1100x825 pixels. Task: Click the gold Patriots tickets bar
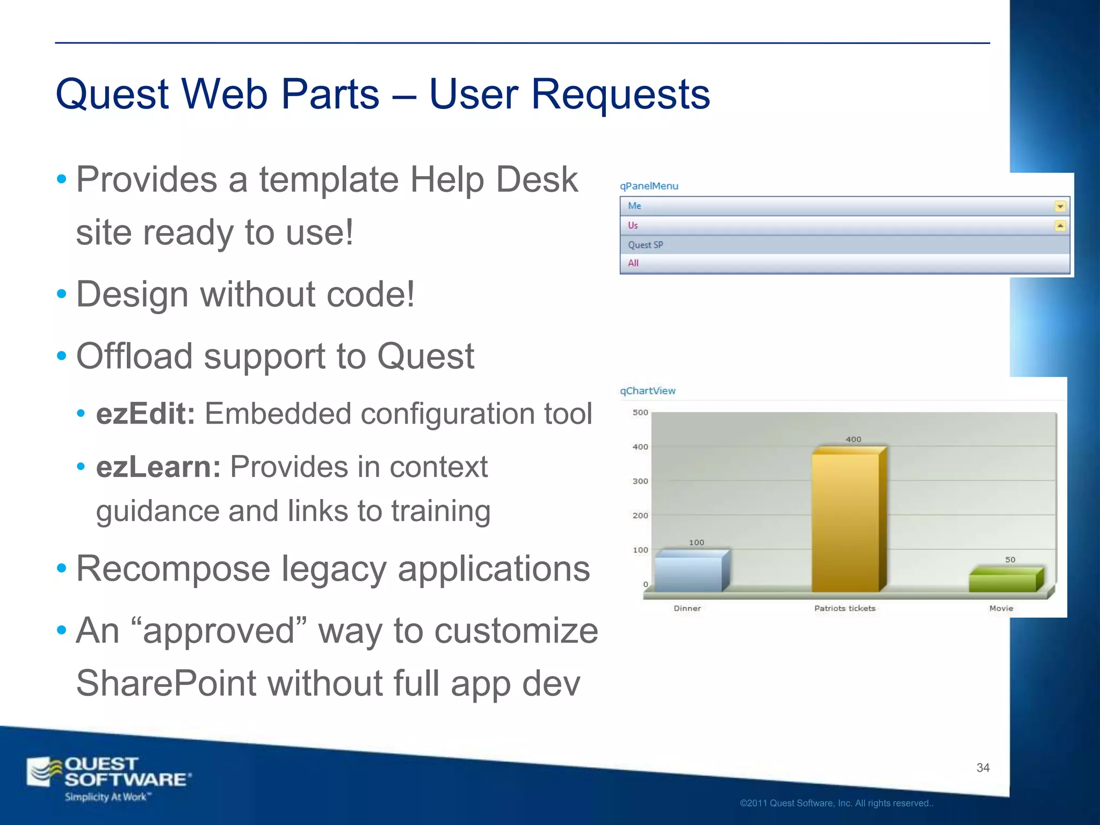pyautogui.click(x=845, y=521)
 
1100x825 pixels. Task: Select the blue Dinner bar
pyautogui.click(x=689, y=574)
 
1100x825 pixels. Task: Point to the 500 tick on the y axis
pyautogui.click(x=640, y=412)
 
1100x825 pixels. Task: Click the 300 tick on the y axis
pyautogui.click(x=640, y=481)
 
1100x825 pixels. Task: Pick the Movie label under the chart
pyautogui.click(x=1001, y=608)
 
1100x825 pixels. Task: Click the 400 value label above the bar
pyautogui.click(x=853, y=439)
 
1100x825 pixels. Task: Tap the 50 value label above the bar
pyautogui.click(x=1010, y=560)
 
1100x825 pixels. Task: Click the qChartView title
pyautogui.click(x=648, y=391)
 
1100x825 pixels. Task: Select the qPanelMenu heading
pyautogui.click(x=649, y=186)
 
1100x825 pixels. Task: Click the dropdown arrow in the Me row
pyautogui.click(x=1060, y=206)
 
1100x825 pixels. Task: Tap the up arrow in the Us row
pyautogui.click(x=1060, y=226)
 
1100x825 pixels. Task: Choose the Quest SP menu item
pyautogui.click(x=646, y=245)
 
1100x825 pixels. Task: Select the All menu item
pyautogui.click(x=633, y=263)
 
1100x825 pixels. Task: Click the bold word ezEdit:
pyautogui.click(x=146, y=414)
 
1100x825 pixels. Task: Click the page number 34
pyautogui.click(x=983, y=768)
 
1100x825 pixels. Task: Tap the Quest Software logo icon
pyautogui.click(x=44, y=772)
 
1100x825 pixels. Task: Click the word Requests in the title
pyautogui.click(x=620, y=95)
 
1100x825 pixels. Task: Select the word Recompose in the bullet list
pyautogui.click(x=173, y=568)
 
